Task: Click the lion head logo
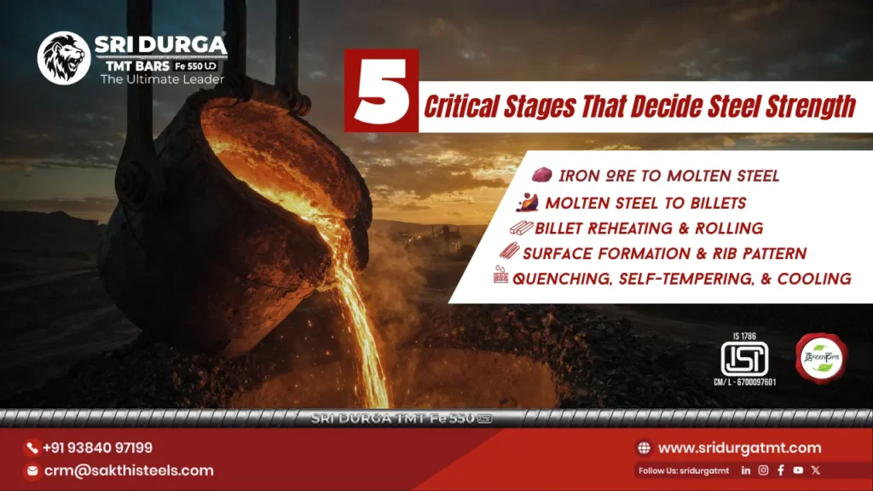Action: (x=64, y=58)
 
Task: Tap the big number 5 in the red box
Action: (x=381, y=91)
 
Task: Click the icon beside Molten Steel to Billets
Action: (x=528, y=203)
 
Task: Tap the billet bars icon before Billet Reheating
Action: (x=520, y=228)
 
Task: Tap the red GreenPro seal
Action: (x=819, y=356)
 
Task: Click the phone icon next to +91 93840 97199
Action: (x=32, y=448)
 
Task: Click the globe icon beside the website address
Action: (x=644, y=448)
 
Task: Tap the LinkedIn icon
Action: (x=746, y=470)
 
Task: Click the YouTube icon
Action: (x=798, y=470)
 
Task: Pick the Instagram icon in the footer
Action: (x=764, y=470)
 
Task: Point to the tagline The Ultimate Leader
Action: (x=162, y=79)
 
